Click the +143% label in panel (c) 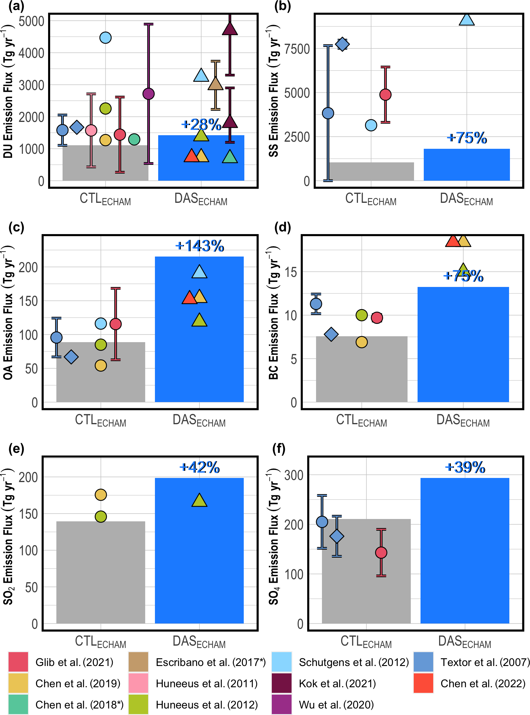199,246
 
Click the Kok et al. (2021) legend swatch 281,683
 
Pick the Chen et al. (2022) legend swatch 423,683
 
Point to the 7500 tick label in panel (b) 297,49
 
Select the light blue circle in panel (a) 106,38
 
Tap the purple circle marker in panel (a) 148,94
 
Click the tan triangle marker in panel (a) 215,84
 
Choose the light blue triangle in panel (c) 199,272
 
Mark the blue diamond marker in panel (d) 331,334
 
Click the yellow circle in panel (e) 101,495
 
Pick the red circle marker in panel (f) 381,553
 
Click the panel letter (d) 282,227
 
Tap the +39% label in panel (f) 465,467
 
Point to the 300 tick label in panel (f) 294,475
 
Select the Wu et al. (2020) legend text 336,705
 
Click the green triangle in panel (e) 199,501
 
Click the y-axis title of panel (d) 273,313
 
